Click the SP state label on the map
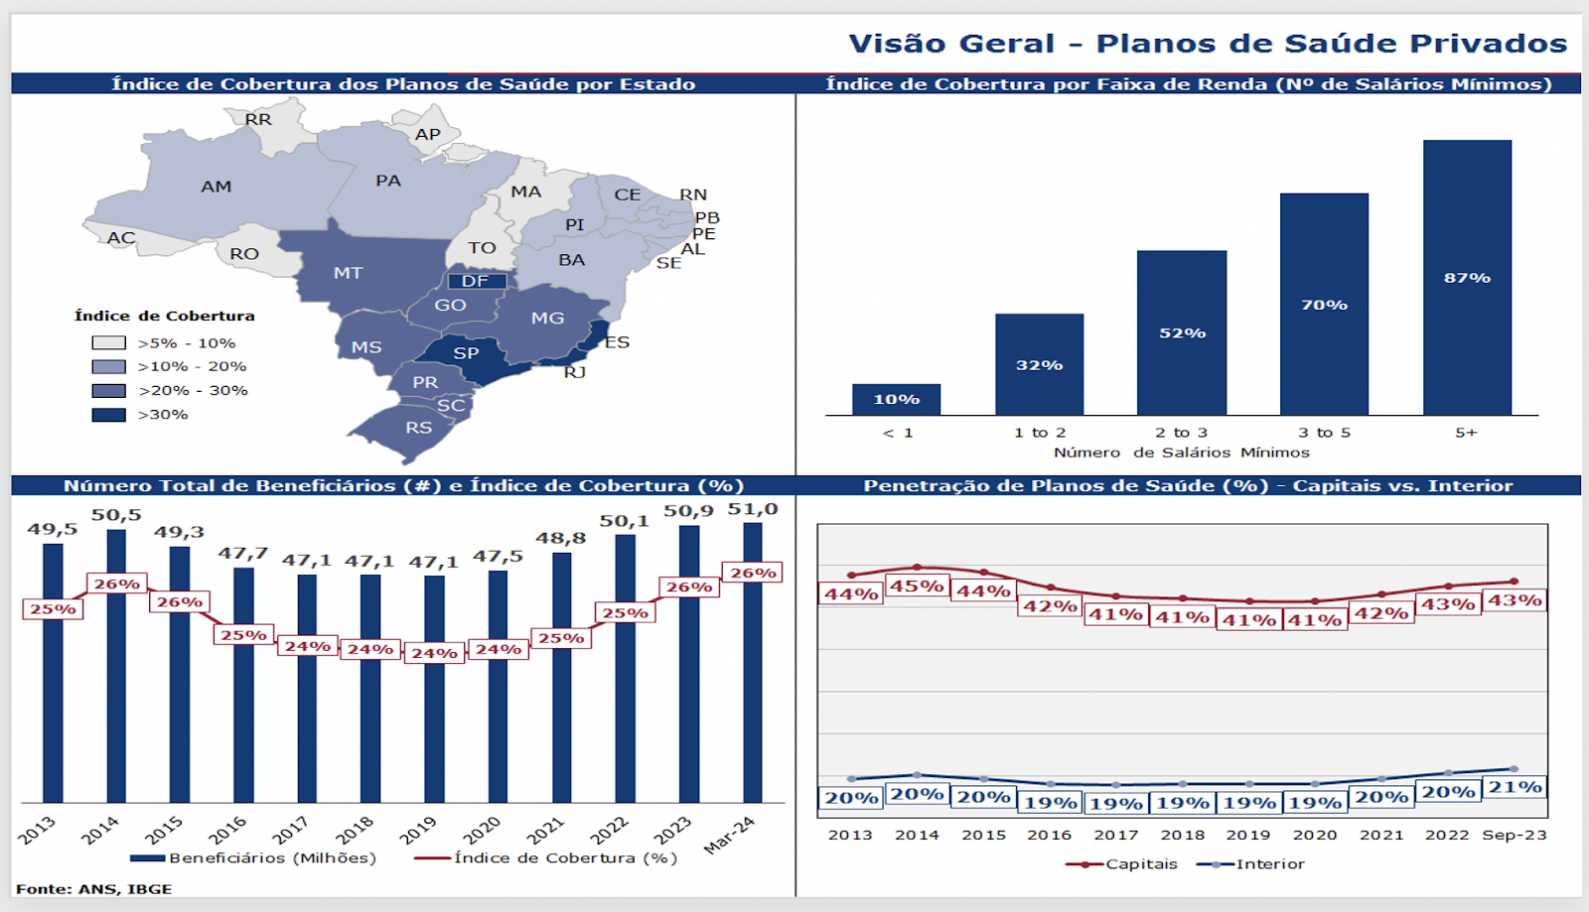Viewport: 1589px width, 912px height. coord(466,353)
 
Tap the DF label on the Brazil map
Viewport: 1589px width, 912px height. coord(476,281)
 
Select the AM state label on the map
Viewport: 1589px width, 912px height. coord(217,187)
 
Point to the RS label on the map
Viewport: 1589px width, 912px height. coord(418,428)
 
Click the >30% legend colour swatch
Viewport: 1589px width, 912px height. coord(108,415)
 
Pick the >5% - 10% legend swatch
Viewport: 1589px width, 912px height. coord(108,343)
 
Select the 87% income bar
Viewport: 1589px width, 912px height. coord(1467,278)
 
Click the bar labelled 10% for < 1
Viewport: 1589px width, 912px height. coord(896,399)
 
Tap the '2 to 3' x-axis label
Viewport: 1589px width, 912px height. coord(1181,433)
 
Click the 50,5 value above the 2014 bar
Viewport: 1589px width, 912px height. coord(116,515)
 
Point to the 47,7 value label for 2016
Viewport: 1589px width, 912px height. coord(243,553)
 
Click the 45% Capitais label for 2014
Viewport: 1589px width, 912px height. coord(917,586)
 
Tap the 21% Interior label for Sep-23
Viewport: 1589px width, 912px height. coord(1515,787)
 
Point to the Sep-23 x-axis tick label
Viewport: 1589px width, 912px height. coord(1515,835)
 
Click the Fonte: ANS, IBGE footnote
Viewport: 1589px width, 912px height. coord(94,889)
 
